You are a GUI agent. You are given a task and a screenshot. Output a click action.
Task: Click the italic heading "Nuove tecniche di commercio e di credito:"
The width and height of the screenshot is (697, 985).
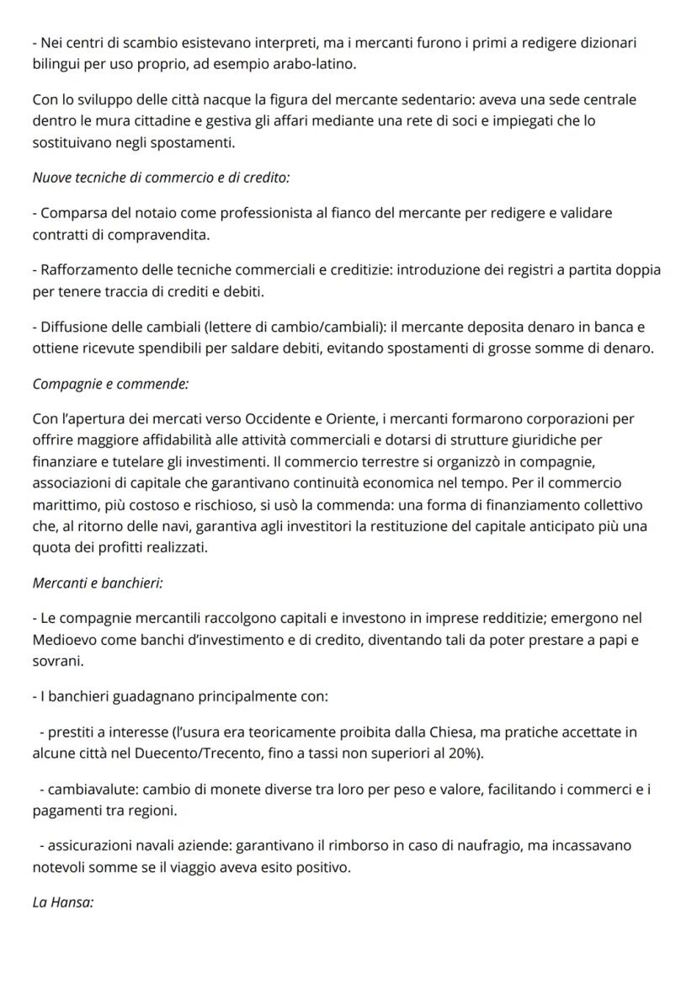161,178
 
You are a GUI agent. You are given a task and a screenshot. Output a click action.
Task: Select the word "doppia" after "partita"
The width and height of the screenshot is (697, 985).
638,271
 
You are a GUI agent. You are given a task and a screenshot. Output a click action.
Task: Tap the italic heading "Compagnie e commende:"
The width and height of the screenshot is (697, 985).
110,384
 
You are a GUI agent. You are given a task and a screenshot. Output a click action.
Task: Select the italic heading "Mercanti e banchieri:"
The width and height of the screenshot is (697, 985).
98,583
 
